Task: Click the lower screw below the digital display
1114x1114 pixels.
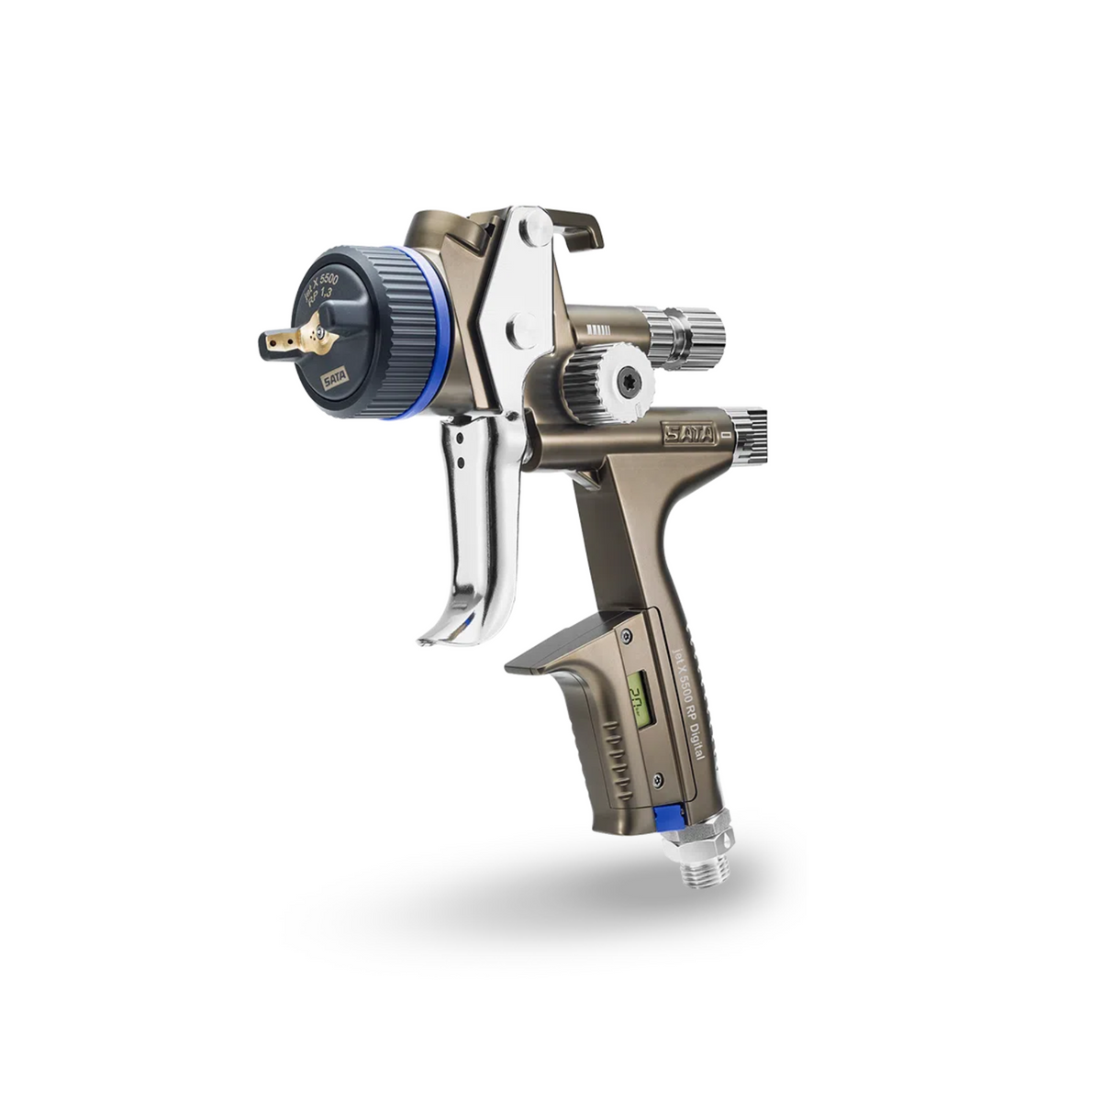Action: click(657, 781)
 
